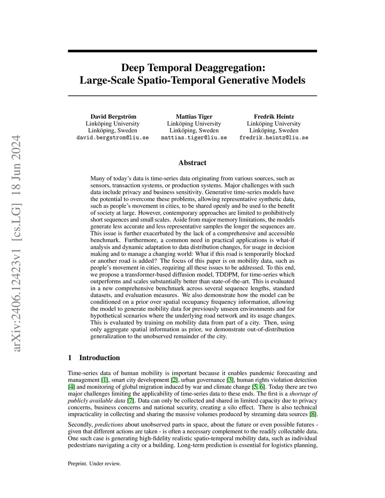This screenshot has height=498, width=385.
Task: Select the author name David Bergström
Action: tap(113, 117)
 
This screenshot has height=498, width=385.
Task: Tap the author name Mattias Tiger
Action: tap(194, 117)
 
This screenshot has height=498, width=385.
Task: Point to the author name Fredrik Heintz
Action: tap(274, 117)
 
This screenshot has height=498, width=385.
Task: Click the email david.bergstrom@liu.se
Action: tap(112, 138)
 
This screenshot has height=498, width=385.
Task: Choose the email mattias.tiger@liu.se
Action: tap(194, 138)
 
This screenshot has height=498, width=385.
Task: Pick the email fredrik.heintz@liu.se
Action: tap(274, 138)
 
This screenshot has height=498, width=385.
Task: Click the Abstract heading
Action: tap(192, 163)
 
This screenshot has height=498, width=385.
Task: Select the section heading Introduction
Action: tap(99, 358)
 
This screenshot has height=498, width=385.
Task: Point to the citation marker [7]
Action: tap(130, 401)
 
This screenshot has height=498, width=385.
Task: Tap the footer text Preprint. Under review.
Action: tap(94, 463)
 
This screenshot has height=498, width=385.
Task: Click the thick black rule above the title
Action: tap(192, 51)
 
